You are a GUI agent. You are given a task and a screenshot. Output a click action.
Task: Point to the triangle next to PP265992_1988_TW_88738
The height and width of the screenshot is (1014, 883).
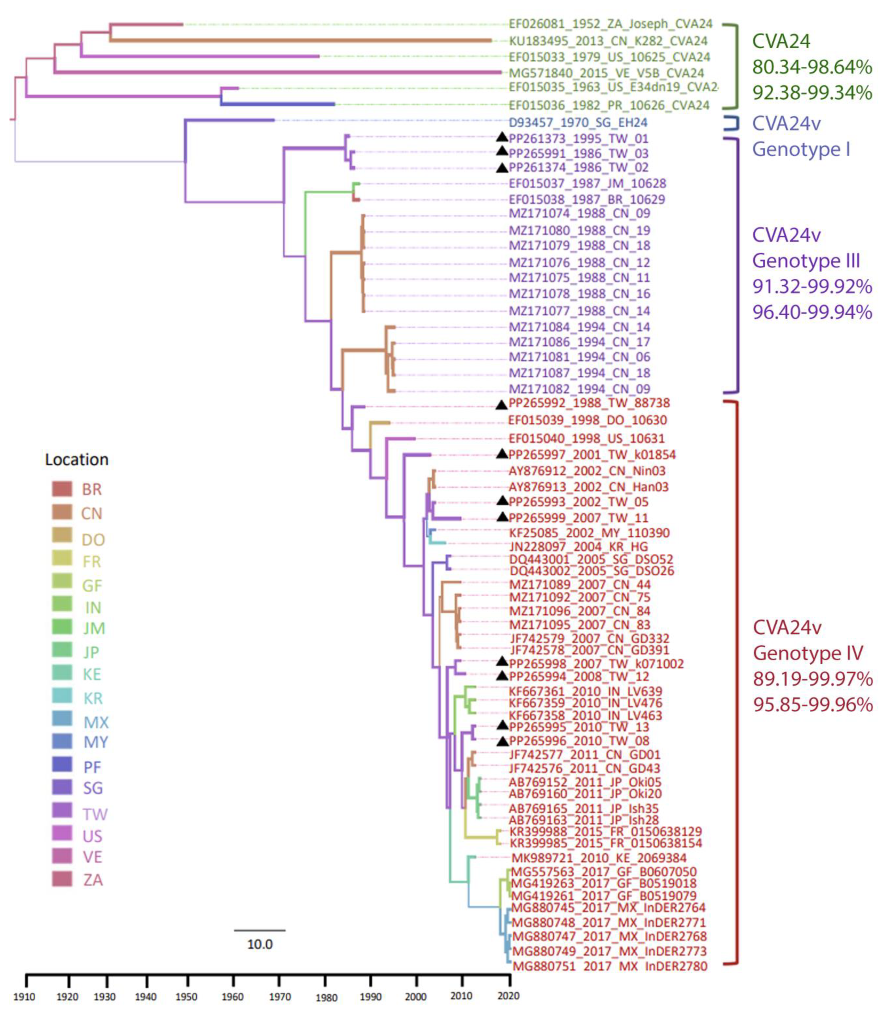click(502, 405)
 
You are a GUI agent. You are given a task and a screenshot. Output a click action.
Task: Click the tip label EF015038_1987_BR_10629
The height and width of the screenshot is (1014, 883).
click(586, 200)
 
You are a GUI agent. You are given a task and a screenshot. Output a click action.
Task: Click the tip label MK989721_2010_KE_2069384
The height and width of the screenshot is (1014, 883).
click(599, 858)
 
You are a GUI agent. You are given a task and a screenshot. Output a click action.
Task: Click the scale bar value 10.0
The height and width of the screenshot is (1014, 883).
click(260, 944)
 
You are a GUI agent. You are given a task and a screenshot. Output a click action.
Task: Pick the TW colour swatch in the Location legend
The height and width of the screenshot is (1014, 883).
click(62, 810)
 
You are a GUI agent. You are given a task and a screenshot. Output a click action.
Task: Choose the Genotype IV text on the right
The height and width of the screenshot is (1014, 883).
click(808, 653)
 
